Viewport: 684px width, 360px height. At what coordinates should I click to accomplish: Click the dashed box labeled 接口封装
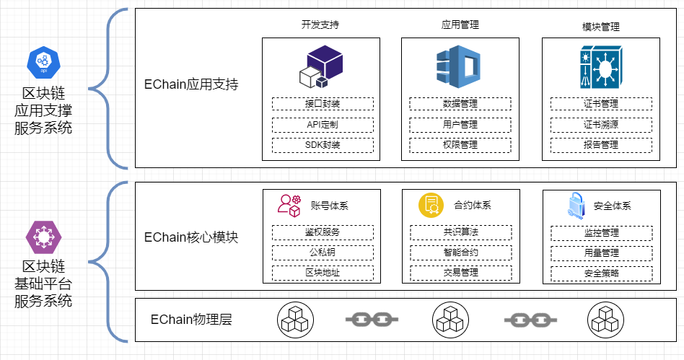323,104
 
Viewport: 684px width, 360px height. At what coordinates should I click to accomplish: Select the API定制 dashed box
323,125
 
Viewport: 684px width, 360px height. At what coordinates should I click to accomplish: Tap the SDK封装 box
323,145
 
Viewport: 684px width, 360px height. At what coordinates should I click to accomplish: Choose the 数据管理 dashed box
460,104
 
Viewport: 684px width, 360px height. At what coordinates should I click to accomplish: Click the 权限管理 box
460,145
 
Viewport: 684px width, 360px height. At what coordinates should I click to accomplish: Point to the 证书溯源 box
601,125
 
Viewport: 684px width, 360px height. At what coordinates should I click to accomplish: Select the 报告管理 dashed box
601,145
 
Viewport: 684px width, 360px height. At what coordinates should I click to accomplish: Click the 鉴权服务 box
323,232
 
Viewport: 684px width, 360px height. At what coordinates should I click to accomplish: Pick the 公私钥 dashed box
323,253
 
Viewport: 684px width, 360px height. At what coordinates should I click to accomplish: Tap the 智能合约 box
461,253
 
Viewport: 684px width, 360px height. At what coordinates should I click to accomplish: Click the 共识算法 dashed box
461,232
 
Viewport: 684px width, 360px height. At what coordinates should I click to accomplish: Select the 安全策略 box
601,273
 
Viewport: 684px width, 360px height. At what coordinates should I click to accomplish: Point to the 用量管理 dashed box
601,253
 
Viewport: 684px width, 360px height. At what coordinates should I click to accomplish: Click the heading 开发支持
320,25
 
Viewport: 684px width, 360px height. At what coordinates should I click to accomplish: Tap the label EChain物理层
191,319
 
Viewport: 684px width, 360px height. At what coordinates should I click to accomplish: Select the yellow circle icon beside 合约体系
430,205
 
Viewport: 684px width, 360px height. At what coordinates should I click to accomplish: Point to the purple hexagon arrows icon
43,236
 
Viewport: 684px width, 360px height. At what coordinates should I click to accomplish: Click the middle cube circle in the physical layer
450,319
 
